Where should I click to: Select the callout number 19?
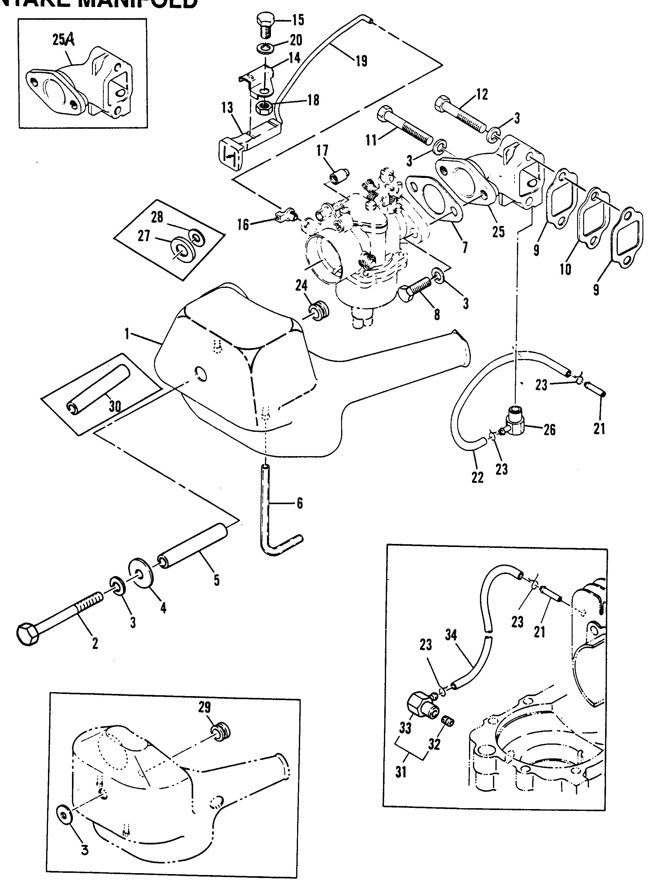pyautogui.click(x=361, y=61)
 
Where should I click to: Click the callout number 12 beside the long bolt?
pyautogui.click(x=482, y=94)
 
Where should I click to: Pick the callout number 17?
pyautogui.click(x=322, y=151)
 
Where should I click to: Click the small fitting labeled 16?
pyautogui.click(x=285, y=214)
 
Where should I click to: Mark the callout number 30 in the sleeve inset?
pyautogui.click(x=115, y=406)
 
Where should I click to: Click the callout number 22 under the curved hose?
pyautogui.click(x=477, y=477)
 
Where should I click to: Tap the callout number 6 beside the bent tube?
pyautogui.click(x=300, y=503)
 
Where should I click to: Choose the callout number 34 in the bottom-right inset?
pyautogui.click(x=451, y=635)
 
